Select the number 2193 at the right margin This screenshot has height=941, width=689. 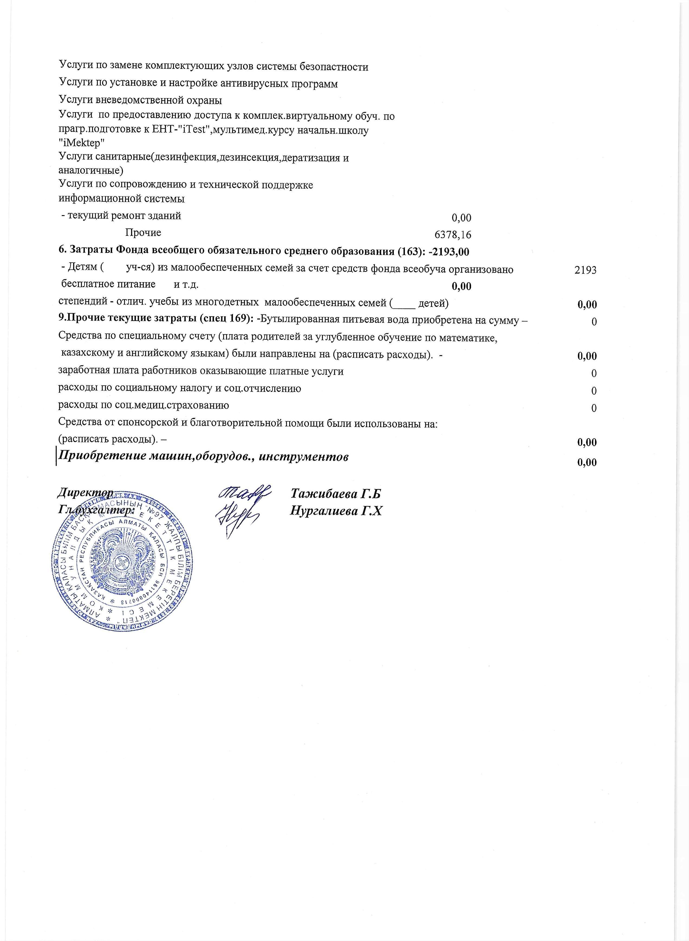[585, 270]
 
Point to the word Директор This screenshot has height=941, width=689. [85, 493]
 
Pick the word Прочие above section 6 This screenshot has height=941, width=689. [143, 233]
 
